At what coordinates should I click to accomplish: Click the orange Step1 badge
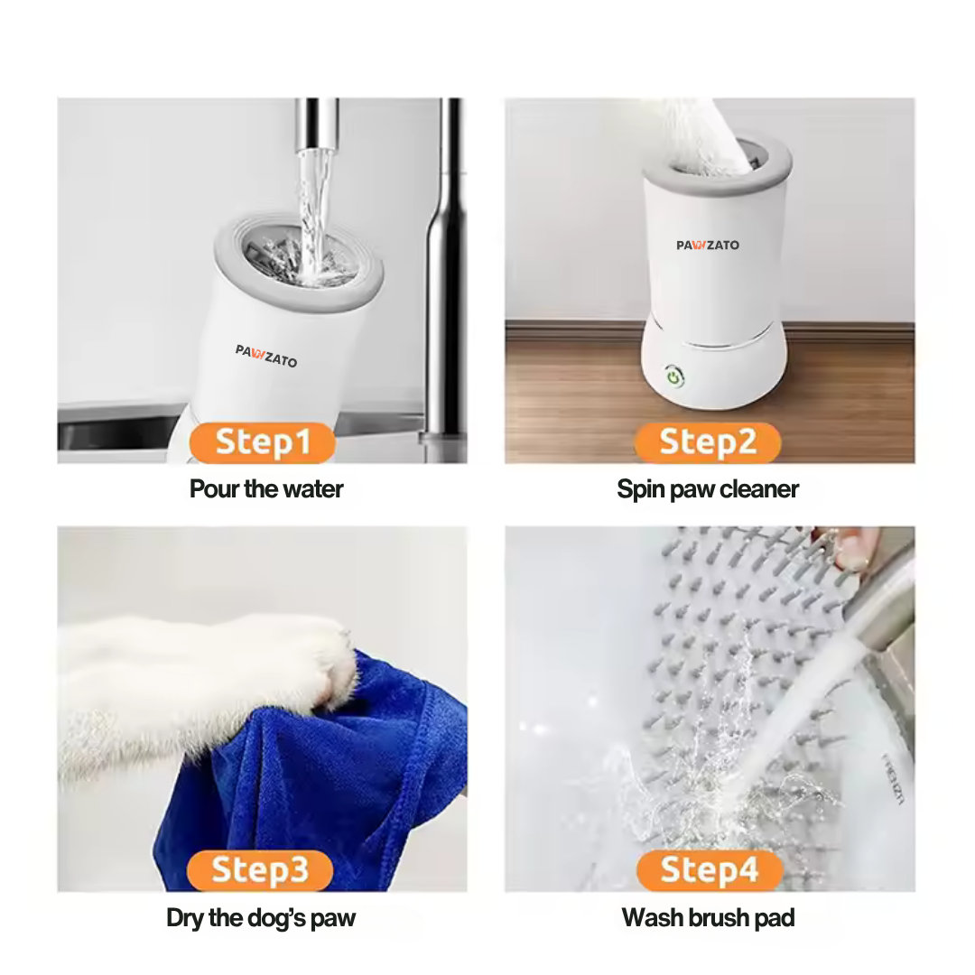[x=263, y=443]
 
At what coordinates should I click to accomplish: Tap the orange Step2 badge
[x=707, y=443]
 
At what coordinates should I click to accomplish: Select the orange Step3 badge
[x=260, y=870]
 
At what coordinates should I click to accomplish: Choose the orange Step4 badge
[x=709, y=870]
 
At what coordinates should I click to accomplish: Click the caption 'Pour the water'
[x=266, y=489]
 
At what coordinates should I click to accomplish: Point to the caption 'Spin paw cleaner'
[x=708, y=489]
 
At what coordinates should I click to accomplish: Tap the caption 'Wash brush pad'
[x=708, y=919]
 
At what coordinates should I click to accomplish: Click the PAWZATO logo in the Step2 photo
[x=708, y=245]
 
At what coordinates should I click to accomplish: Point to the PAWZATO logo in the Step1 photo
[x=266, y=356]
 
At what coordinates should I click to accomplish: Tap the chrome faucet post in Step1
[x=446, y=271]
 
